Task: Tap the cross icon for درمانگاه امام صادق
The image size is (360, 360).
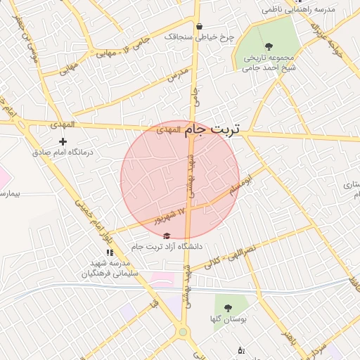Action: pos(63,142)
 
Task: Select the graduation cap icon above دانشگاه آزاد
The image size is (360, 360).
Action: pos(166,236)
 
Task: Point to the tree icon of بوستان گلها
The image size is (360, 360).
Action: pos(227,308)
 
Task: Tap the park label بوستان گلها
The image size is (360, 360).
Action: pos(227,319)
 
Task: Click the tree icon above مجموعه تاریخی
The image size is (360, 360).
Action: pos(269,46)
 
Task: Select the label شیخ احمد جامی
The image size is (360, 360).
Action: pos(268,68)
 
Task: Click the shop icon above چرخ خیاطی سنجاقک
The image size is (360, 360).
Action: pos(200,26)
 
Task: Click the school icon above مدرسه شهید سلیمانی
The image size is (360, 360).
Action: pos(110,252)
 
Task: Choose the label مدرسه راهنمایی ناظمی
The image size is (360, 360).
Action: pos(298,11)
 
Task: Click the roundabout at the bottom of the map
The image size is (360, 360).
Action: pos(184,331)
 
